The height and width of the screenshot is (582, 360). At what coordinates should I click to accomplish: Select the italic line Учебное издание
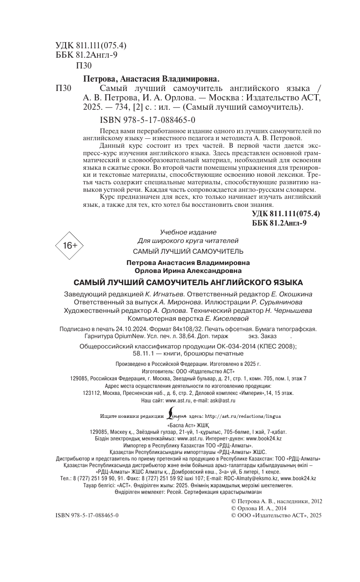pyautogui.click(x=188, y=233)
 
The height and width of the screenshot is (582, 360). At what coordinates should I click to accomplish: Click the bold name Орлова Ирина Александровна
pyautogui.click(x=188, y=271)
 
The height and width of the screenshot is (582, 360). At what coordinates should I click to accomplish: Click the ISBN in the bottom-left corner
pyautogui.click(x=87, y=515)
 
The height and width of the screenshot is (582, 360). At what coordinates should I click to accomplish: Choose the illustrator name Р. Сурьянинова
pyautogui.click(x=287, y=302)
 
